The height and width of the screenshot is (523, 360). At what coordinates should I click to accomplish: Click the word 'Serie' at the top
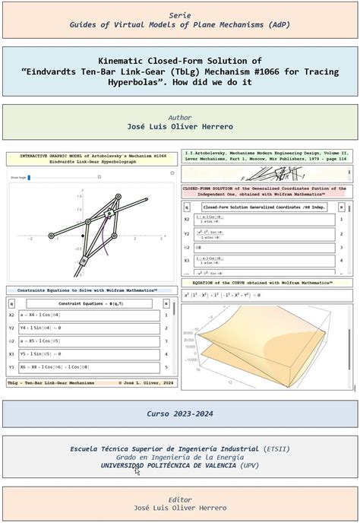(x=179, y=14)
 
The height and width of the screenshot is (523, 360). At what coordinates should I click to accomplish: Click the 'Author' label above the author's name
(x=179, y=117)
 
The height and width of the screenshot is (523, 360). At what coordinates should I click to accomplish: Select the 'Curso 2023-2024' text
(x=179, y=414)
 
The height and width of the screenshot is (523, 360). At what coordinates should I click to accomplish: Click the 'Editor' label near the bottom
(x=179, y=499)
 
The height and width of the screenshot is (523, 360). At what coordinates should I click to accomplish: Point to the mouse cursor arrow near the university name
(x=137, y=471)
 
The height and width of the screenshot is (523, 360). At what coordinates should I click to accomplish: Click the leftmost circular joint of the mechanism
(x=51, y=236)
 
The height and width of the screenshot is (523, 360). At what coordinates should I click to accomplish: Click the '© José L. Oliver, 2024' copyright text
(x=146, y=383)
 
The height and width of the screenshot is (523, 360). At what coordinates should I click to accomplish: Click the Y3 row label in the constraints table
(x=11, y=367)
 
